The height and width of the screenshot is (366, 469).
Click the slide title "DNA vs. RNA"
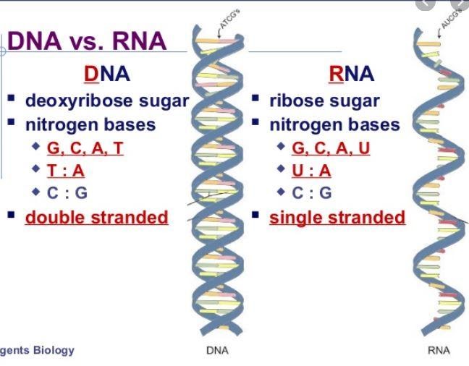(x=87, y=41)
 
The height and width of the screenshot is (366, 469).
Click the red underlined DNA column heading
(x=106, y=74)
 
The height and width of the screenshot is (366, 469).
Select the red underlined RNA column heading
(x=351, y=74)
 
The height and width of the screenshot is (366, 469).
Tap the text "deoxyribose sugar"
(x=107, y=101)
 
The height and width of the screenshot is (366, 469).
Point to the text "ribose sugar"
(x=324, y=101)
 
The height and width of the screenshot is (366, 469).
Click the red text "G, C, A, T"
(x=85, y=148)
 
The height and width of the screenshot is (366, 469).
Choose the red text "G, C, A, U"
(x=331, y=148)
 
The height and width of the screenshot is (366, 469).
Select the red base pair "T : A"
(x=66, y=171)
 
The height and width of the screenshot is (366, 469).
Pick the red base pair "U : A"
(x=311, y=171)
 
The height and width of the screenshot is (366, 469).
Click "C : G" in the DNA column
(x=67, y=193)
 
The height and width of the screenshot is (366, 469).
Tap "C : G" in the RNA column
(x=311, y=193)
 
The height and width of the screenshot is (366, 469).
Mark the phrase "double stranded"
(x=96, y=217)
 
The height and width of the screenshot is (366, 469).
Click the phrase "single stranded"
(x=337, y=217)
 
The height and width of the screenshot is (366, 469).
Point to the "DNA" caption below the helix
(x=218, y=351)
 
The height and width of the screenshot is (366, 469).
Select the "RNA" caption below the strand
(x=439, y=351)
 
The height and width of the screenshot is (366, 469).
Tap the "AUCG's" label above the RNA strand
(x=455, y=18)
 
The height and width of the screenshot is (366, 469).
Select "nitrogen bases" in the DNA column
(x=90, y=124)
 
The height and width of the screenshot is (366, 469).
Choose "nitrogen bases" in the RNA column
(x=334, y=124)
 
